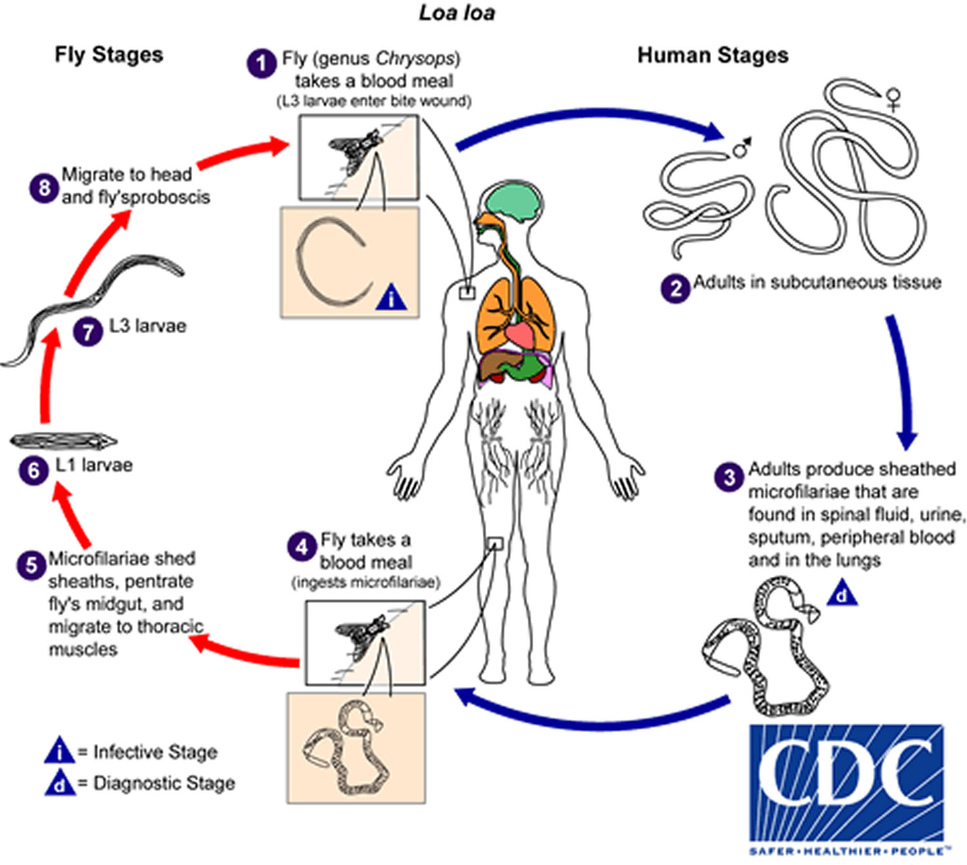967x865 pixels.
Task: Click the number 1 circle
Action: click(x=261, y=64)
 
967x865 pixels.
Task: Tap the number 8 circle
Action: click(x=44, y=188)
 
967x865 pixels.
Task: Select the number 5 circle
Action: click(x=31, y=565)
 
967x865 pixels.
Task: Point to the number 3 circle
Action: click(x=729, y=478)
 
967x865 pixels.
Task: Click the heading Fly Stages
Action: click(x=109, y=54)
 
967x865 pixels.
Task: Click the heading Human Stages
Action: click(x=712, y=55)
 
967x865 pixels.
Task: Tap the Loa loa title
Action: click(x=457, y=13)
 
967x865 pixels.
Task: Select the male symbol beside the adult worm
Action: click(x=741, y=148)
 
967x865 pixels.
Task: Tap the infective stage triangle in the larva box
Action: click(x=391, y=297)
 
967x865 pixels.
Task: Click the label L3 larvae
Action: click(x=148, y=326)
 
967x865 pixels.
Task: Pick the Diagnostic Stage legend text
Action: click(x=164, y=783)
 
